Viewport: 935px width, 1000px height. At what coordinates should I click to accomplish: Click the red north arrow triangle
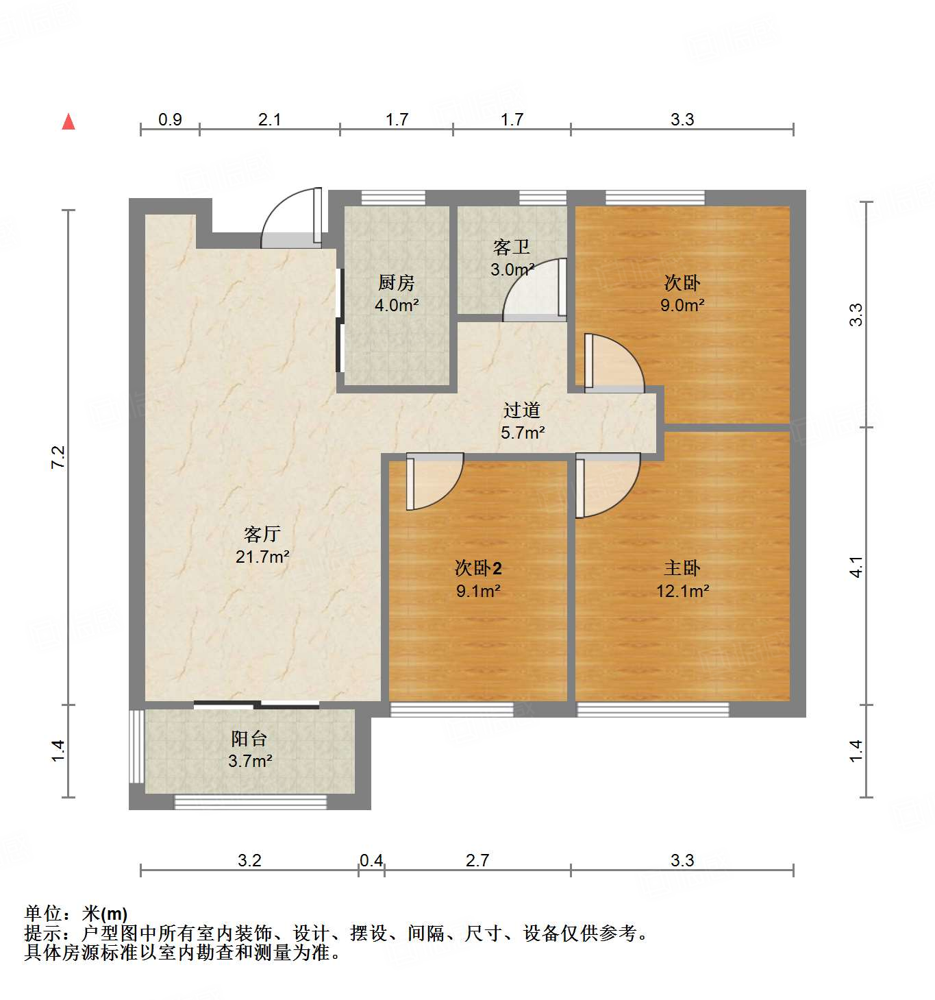68,122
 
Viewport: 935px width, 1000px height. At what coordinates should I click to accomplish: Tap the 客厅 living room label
262,534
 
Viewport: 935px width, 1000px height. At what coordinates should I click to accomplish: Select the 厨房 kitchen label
397,282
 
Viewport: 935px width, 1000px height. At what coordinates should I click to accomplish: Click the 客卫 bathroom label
512,247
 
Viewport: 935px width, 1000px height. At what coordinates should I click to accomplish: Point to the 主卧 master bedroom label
682,568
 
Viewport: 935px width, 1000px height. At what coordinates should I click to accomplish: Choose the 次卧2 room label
478,568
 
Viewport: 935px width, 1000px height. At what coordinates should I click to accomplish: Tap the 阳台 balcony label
249,739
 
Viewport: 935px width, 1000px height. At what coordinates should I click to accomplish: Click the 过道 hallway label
522,410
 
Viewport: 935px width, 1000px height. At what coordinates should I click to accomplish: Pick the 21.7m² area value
262,557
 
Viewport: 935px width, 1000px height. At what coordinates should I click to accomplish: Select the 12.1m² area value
682,591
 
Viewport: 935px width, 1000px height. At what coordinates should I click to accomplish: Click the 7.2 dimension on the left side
58,457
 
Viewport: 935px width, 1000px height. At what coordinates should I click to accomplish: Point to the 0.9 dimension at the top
170,120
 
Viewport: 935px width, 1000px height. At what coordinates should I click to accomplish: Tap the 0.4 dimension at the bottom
371,861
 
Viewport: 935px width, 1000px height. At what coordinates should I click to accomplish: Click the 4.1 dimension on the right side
856,567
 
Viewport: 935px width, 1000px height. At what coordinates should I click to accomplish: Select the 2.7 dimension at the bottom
477,861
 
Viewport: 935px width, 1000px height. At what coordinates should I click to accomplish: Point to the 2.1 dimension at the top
270,120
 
